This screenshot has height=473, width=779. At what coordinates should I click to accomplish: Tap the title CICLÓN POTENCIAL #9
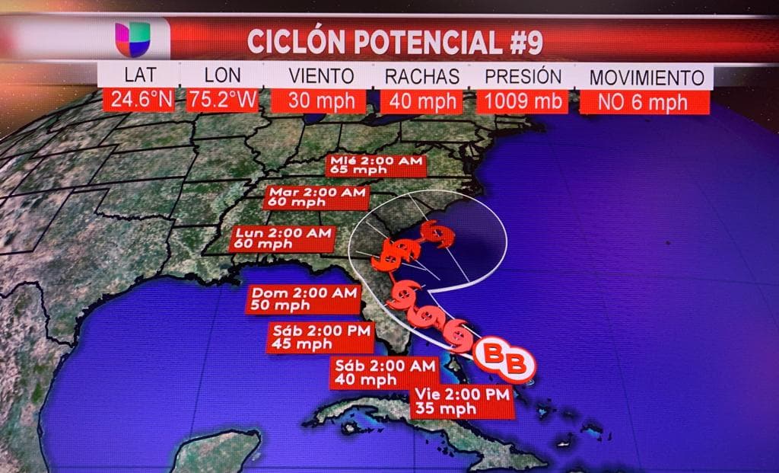pos(395,42)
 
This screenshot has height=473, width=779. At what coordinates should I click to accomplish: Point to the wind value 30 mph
pos(321,101)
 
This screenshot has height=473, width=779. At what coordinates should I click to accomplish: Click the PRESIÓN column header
pos(523,77)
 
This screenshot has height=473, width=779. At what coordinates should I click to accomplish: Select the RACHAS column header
pos(421,77)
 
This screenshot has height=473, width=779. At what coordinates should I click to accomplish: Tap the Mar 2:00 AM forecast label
pos(316,197)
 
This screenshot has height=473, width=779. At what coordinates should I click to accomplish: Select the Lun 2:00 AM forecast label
pos(282,238)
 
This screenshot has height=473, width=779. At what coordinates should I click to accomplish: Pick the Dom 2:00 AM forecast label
pos(303,299)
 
